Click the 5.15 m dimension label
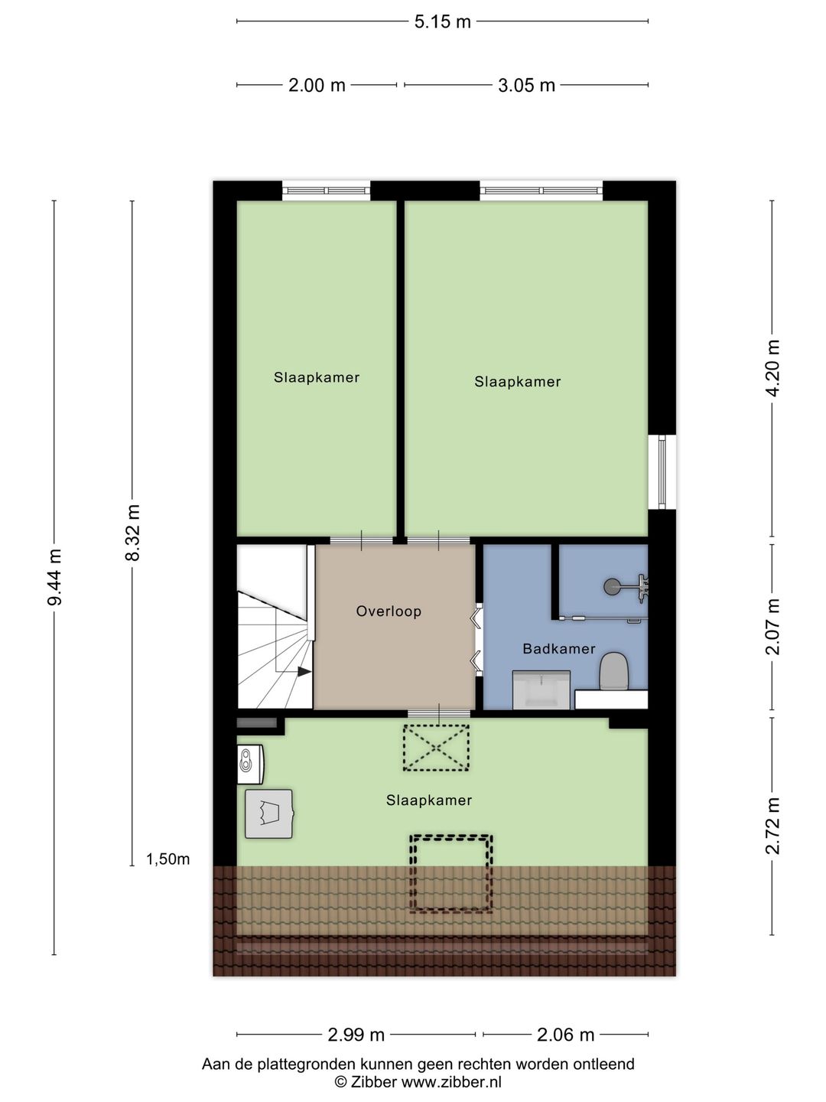click(442, 22)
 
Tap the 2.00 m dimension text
click(317, 86)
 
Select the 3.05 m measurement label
click(526, 86)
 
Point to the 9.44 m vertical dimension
click(54, 577)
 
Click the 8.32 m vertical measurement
click(133, 533)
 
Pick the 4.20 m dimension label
click(772, 368)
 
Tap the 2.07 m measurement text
click(772, 627)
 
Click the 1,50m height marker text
click(167, 859)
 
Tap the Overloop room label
click(389, 611)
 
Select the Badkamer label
click(558, 649)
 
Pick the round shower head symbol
click(612, 586)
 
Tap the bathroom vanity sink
click(541, 690)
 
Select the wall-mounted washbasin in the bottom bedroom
click(250, 765)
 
